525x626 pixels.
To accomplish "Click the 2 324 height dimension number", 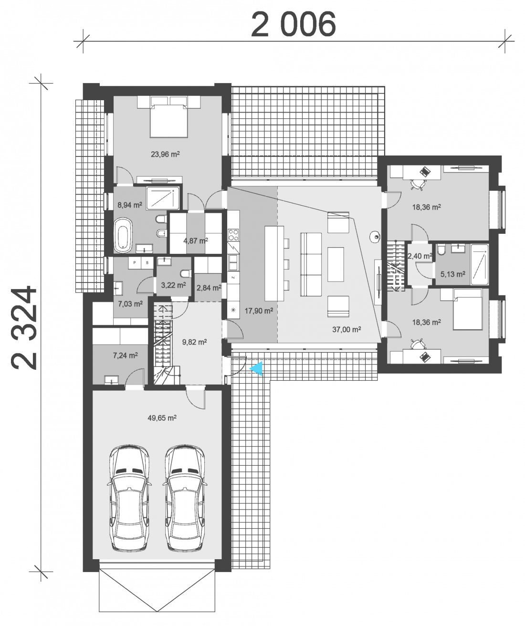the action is click(x=24, y=328).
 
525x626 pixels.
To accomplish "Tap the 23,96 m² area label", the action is click(x=165, y=155).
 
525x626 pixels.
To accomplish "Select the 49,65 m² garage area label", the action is click(x=162, y=417).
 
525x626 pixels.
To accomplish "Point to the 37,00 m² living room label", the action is click(x=346, y=330).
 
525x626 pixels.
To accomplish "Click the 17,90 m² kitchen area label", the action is click(x=259, y=311).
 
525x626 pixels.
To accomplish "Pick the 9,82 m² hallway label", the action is click(x=194, y=342).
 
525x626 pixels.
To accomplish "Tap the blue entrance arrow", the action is click(x=257, y=369).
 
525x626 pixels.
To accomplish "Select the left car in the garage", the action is click(x=129, y=498).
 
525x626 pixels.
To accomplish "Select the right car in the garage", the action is click(x=185, y=498).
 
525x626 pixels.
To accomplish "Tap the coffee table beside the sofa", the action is click(x=336, y=264).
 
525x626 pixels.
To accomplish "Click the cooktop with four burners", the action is click(x=233, y=235).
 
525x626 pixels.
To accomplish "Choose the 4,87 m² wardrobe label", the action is click(x=196, y=240).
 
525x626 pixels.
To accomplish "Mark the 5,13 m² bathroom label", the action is click(x=453, y=274).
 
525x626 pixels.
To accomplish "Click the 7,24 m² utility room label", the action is click(x=125, y=355).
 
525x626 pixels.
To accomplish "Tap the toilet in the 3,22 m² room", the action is click(x=186, y=274).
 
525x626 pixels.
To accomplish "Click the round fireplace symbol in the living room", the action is click(x=374, y=236).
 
